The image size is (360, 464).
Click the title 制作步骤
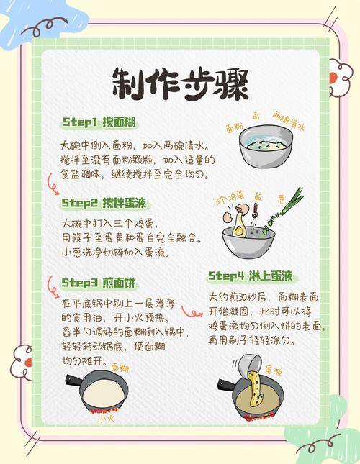click(180, 84)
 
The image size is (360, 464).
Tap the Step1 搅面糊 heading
click(99, 122)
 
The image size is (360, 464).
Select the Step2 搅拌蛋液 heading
click(104, 203)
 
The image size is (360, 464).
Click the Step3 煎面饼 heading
click(99, 283)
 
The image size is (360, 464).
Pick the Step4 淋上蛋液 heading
click(251, 276)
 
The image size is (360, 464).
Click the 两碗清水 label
click(289, 121)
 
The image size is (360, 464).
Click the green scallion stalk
click(284, 209)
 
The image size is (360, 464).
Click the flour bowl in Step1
click(266, 146)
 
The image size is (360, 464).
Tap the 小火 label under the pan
click(106, 419)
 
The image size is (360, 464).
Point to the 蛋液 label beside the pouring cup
click(273, 370)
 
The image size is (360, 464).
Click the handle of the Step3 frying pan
click(73, 381)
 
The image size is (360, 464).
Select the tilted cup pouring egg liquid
click(251, 366)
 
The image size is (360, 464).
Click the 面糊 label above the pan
click(120, 368)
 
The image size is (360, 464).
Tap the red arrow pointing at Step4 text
click(192, 312)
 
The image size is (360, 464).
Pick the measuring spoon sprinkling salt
click(256, 211)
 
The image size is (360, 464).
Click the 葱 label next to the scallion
click(282, 199)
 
